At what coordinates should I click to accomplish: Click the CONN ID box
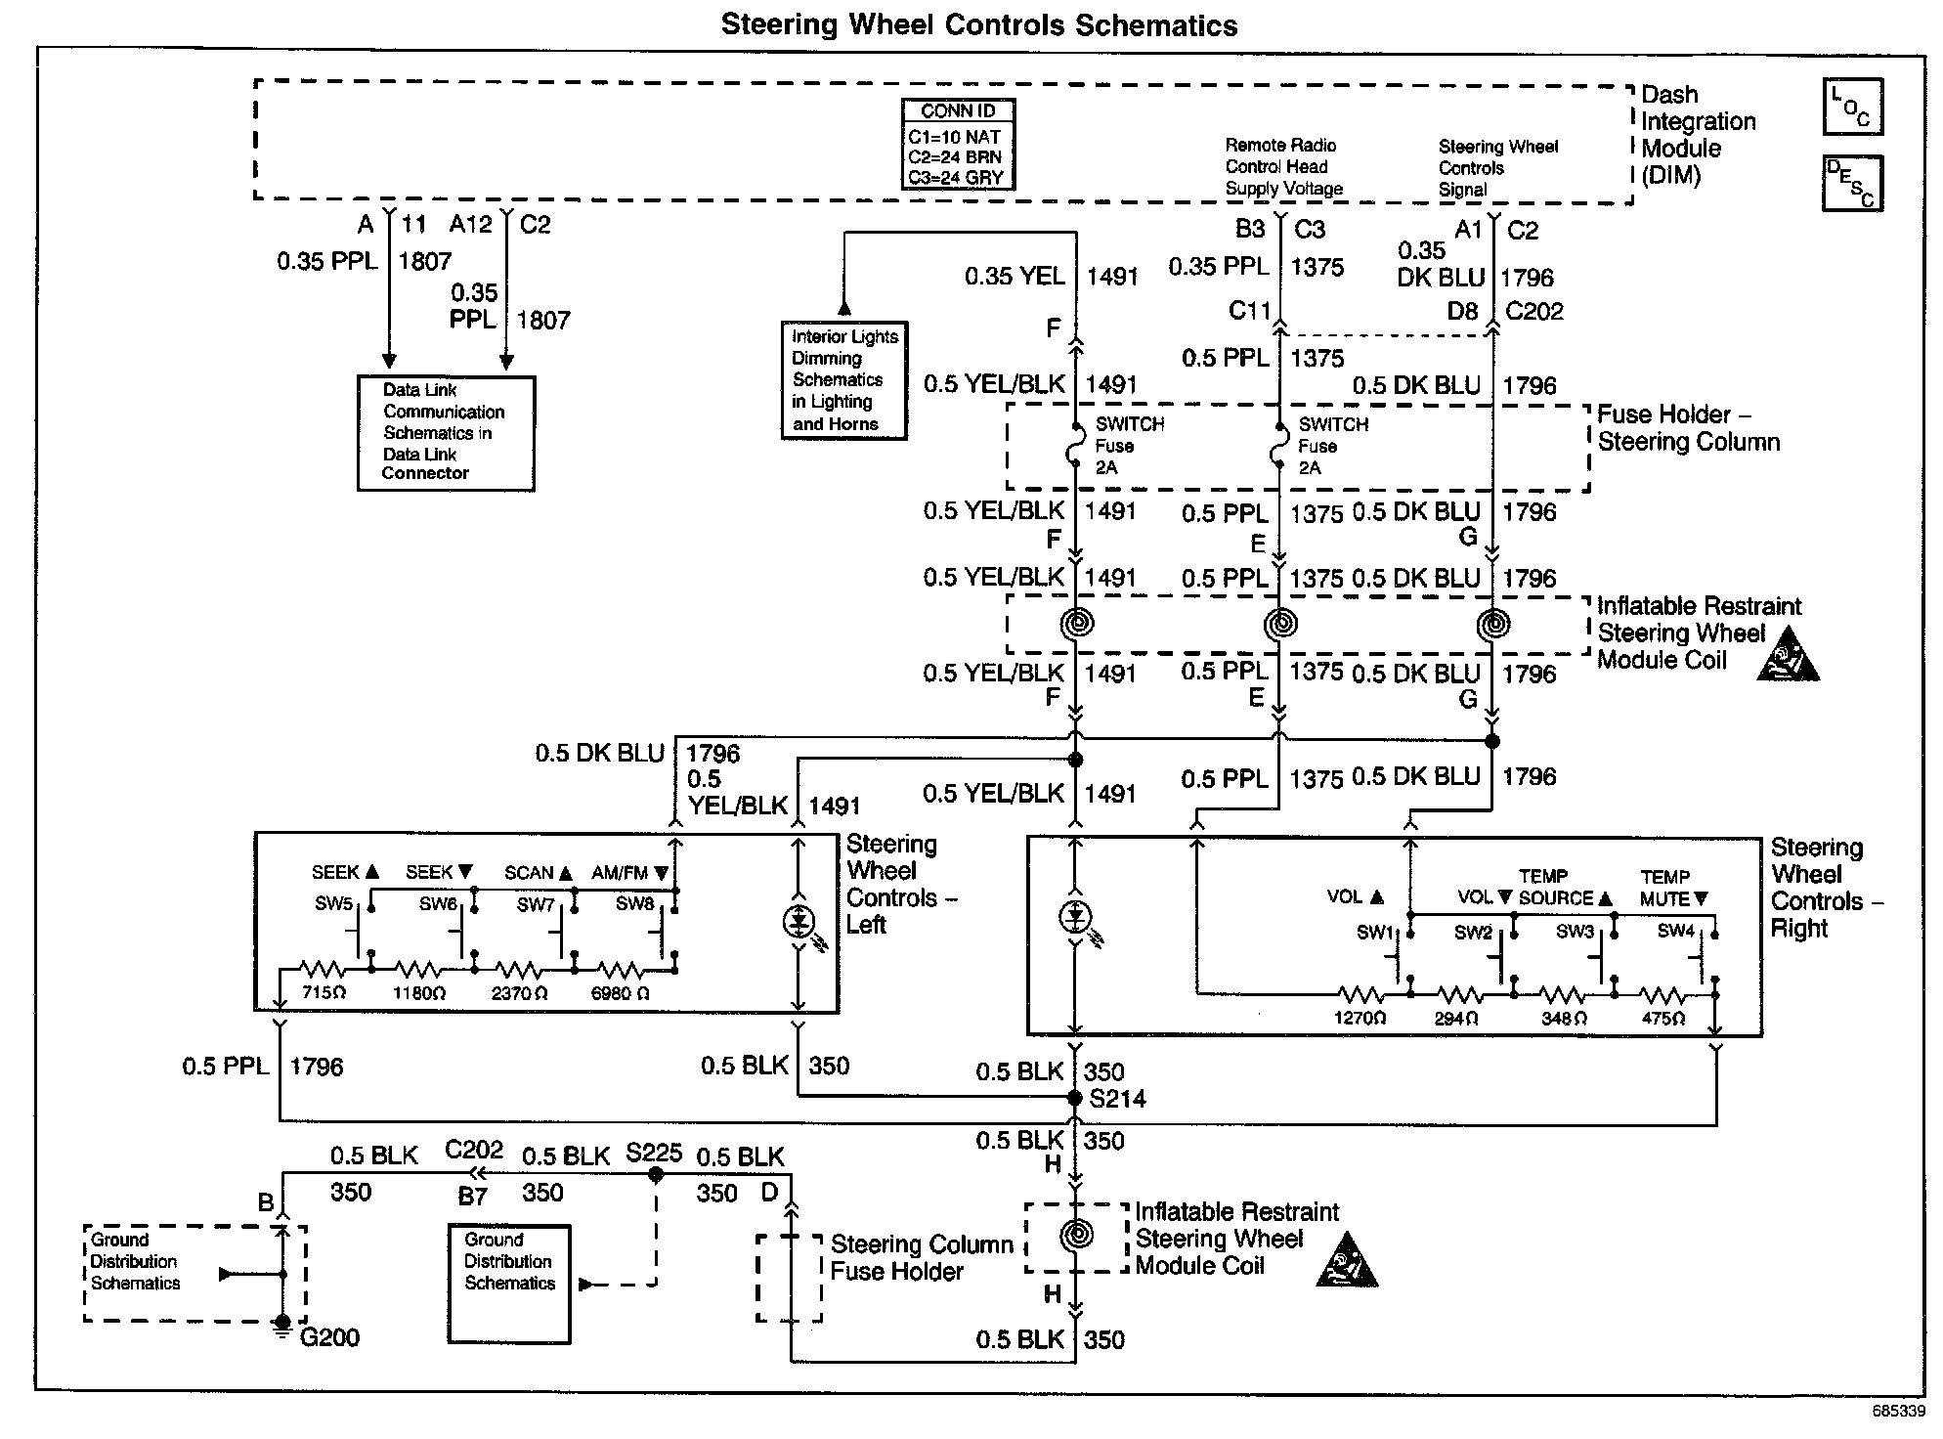click(958, 145)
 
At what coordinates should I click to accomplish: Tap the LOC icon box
click(1852, 107)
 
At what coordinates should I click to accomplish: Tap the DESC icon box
click(1852, 183)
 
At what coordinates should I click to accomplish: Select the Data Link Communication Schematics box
click(446, 432)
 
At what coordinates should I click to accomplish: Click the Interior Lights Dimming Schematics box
click(843, 380)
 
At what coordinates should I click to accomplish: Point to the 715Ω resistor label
click(324, 993)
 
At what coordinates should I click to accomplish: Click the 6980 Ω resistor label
click(620, 993)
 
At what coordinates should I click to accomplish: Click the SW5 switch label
click(333, 903)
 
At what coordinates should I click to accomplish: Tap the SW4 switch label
click(1675, 931)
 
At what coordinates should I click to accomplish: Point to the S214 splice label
click(1117, 1099)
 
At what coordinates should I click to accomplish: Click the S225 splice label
click(654, 1153)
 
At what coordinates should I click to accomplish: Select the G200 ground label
click(329, 1337)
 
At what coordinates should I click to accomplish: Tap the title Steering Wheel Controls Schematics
click(978, 24)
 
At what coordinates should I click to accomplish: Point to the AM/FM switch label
click(629, 873)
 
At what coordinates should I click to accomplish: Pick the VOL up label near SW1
click(1355, 897)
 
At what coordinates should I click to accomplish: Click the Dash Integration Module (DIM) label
click(1698, 135)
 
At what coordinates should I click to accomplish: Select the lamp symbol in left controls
click(799, 921)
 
